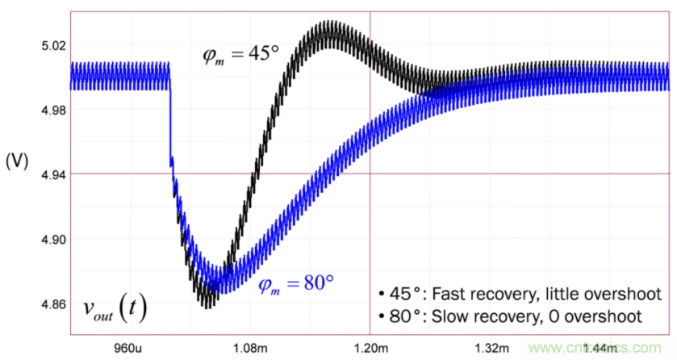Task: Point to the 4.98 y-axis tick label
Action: [x=46, y=110]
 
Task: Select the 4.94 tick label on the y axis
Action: [x=46, y=174]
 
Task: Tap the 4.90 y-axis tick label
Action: [x=46, y=239]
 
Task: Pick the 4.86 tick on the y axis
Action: [x=46, y=304]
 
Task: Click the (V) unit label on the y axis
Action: [x=16, y=161]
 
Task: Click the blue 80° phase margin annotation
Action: [x=295, y=283]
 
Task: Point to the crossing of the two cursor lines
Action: [x=370, y=174]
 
